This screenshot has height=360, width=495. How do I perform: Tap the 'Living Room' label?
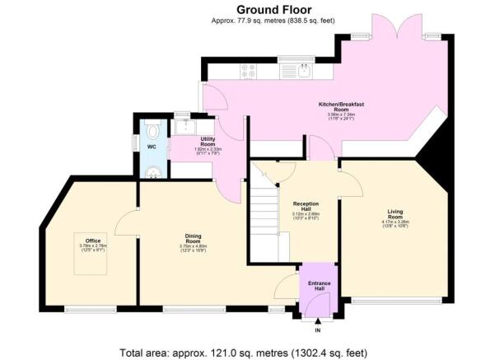pos(395,213)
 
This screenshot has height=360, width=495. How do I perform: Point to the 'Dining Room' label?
pos(191,239)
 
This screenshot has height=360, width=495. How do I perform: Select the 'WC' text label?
pos(151,147)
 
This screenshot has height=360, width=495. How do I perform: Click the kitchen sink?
pos(306,71)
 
